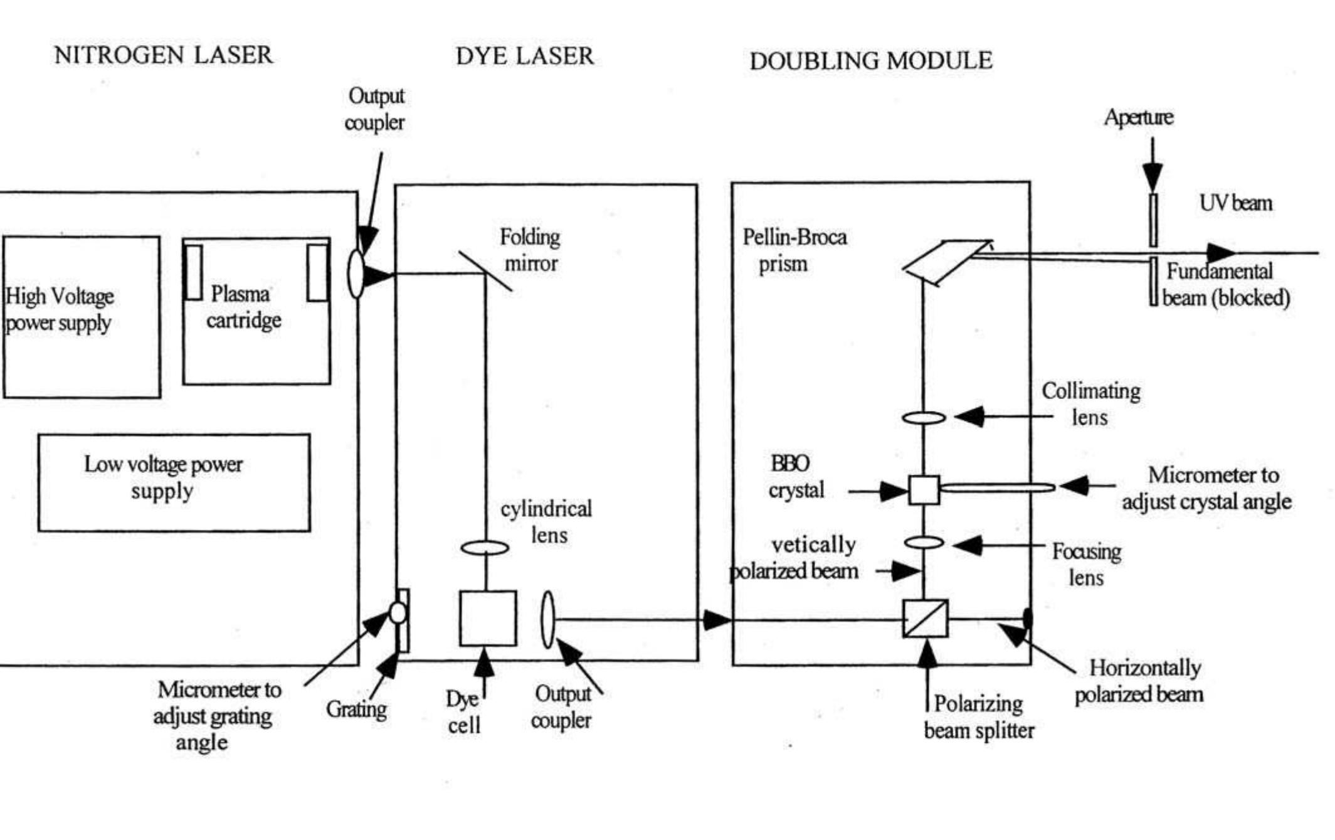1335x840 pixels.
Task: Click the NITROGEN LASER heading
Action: coord(163,55)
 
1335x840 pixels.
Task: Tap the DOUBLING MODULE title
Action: coord(870,61)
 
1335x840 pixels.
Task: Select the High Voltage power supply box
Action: coord(82,317)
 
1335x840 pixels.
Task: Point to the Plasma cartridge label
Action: coord(243,307)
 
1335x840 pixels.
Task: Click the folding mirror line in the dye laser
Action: coord(485,271)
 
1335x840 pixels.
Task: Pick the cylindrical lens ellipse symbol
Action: coord(485,548)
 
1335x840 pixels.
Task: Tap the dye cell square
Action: coord(488,618)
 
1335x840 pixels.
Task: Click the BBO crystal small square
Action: coord(924,489)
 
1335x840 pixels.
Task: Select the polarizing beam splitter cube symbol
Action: coord(925,619)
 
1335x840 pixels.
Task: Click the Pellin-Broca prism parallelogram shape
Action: coord(947,261)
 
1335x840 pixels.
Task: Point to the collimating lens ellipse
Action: coord(924,417)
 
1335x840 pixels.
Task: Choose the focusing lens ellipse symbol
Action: coord(924,543)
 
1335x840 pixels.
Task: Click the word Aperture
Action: coord(1138,117)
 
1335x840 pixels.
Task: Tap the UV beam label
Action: coord(1235,203)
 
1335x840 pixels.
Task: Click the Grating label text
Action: coord(356,710)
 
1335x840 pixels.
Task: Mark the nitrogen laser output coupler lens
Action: coord(356,274)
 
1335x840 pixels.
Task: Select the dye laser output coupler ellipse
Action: coord(547,619)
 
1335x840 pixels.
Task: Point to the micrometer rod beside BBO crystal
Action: coord(997,487)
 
